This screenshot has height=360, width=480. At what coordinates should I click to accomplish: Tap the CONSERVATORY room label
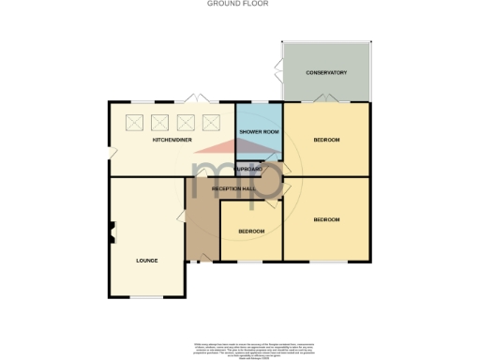(x=326, y=72)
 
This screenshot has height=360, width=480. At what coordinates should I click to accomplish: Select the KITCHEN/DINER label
(x=172, y=140)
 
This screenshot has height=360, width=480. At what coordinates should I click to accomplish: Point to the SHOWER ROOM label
(x=259, y=131)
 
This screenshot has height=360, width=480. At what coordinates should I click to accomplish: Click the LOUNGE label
(x=146, y=260)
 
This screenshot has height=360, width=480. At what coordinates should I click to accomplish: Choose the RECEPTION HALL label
(x=233, y=188)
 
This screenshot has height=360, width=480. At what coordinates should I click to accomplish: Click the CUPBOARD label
(x=248, y=169)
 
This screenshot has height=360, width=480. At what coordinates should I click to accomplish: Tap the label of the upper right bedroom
(x=326, y=140)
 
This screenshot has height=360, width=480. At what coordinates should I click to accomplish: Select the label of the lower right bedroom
(x=326, y=219)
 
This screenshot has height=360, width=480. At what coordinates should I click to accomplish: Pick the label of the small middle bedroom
(x=250, y=231)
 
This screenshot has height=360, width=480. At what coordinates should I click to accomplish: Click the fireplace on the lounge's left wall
(x=112, y=231)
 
